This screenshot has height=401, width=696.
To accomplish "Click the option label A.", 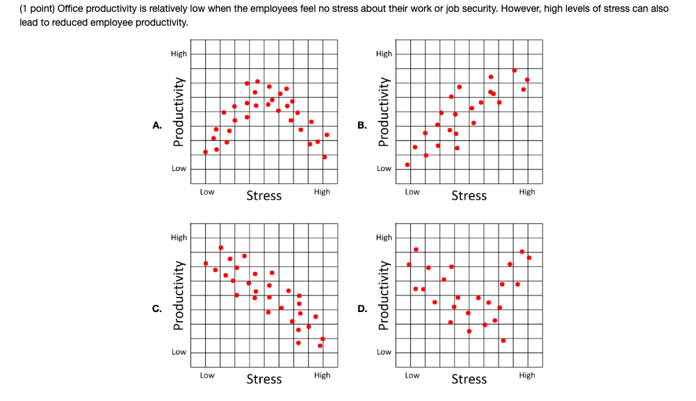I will pos(157,126).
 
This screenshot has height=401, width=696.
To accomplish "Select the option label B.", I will pos(362,126).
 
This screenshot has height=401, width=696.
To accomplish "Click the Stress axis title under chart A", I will pos(264,195).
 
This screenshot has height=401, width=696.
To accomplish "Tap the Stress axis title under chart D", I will pos(469,379).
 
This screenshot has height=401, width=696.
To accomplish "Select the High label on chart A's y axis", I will pos(179,54).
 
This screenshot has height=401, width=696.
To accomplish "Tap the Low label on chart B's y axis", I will pos(384,168).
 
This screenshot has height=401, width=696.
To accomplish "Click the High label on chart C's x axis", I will pos(322,375).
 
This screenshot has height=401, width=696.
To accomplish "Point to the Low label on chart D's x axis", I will pos(412,375).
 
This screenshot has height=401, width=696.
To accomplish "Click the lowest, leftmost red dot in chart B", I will pos(407,165).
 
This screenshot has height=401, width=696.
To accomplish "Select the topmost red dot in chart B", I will pos(515,70).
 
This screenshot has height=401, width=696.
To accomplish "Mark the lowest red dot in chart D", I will pos(503,341).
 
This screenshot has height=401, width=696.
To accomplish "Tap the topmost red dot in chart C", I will pos(220,247).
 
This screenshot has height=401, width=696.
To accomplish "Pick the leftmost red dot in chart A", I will pos(205,152).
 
